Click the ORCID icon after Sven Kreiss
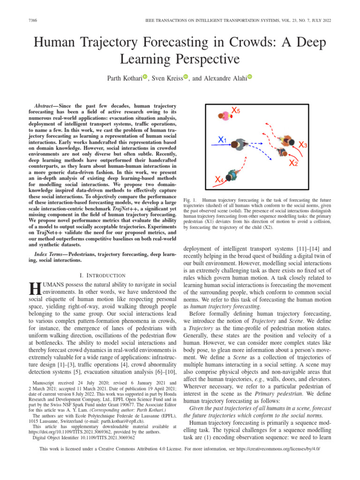(186, 76)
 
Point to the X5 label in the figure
(237, 111)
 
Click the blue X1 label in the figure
(222, 140)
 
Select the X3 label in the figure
(303, 145)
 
